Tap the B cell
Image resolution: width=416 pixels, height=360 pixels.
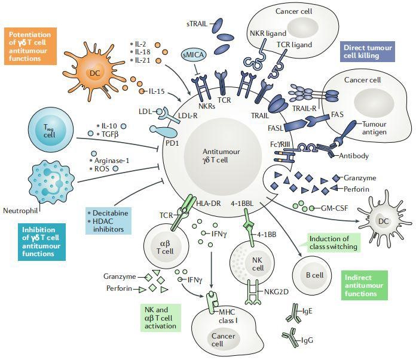[x=307, y=274]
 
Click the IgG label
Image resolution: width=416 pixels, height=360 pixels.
[x=308, y=341]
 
